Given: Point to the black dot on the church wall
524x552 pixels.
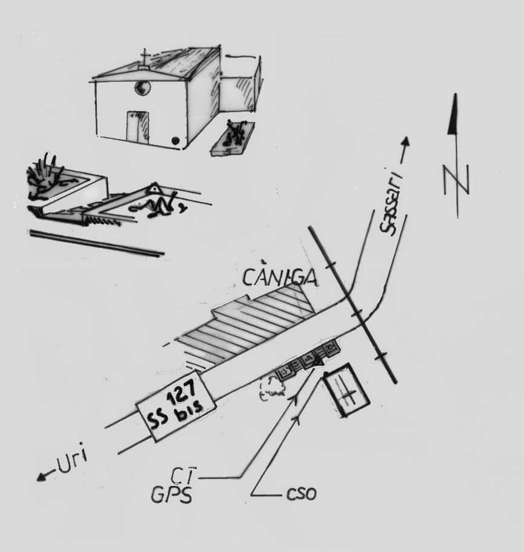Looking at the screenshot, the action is click(176, 141).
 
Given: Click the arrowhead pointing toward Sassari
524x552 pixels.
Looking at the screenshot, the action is click(406, 141).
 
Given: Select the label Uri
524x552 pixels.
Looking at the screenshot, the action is click(72, 461).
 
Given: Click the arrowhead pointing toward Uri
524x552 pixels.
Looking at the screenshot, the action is click(42, 477).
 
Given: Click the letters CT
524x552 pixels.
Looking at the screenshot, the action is click(183, 476).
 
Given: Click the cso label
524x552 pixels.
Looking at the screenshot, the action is click(302, 494).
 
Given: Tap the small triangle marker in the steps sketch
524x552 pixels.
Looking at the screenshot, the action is click(154, 189).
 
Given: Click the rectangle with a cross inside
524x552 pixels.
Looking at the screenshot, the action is click(347, 390).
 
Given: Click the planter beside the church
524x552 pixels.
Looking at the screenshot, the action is click(233, 139).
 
